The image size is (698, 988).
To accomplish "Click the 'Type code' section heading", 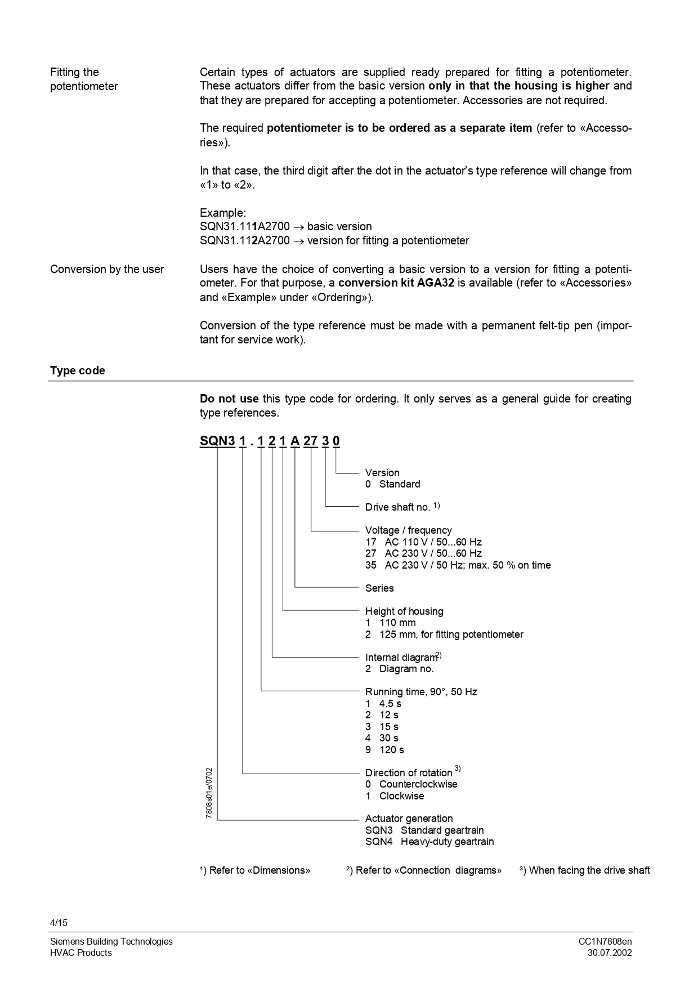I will point(78,370).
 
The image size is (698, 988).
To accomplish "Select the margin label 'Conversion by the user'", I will point(107,269).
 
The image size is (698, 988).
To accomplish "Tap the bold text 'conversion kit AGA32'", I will point(396,283).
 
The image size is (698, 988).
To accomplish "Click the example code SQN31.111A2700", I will point(245,226).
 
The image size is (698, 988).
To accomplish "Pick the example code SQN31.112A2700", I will point(245,240).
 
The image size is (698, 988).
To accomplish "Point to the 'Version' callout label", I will point(382,473).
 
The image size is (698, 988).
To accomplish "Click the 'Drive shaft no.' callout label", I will point(398,507).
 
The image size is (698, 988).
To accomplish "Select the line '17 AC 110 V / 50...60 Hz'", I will point(423,542).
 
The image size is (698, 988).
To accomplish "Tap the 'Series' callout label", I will point(379,588).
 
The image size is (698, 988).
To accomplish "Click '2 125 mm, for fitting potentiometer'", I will point(444,634).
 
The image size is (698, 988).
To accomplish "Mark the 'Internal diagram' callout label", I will point(401,658).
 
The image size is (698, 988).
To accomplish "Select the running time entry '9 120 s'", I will point(384,750).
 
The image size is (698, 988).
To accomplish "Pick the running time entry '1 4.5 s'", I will point(383,704).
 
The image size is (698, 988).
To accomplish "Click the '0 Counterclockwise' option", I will point(411,784).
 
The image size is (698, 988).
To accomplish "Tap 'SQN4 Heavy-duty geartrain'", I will point(429,842).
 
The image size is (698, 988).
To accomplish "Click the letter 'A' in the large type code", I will point(295,441).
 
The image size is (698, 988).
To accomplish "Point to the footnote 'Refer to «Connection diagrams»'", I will point(423,870).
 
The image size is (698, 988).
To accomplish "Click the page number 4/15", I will point(59,923).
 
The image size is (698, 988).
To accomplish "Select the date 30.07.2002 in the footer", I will point(610,953).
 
